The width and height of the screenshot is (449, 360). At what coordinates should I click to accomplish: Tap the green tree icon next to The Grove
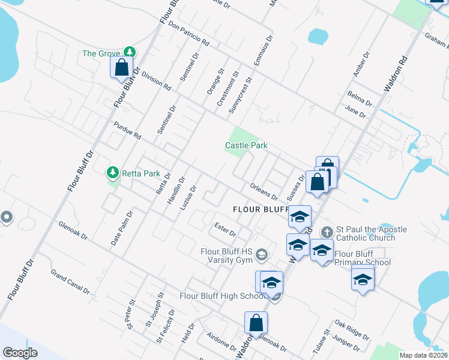128,53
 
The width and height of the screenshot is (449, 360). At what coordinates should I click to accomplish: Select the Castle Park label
246,145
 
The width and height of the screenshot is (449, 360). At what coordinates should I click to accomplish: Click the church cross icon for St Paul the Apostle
327,231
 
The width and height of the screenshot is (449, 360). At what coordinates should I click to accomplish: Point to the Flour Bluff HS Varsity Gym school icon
261,256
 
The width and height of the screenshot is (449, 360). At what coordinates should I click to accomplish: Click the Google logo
20,353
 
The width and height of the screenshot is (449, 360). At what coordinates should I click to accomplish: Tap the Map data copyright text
423,355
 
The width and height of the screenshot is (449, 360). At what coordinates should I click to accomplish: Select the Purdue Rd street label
127,130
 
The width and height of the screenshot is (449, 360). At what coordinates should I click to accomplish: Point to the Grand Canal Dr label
70,283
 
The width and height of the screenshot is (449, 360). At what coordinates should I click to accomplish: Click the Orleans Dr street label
264,192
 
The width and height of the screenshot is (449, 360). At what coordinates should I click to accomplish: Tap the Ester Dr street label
225,229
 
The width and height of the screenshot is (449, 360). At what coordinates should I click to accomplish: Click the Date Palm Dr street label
122,229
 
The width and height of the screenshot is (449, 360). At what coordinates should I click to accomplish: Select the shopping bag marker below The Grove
121,68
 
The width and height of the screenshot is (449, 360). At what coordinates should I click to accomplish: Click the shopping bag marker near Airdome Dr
256,323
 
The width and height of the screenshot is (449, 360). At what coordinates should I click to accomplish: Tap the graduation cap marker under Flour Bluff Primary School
363,279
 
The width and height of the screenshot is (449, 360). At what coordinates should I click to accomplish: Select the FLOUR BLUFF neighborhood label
262,209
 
